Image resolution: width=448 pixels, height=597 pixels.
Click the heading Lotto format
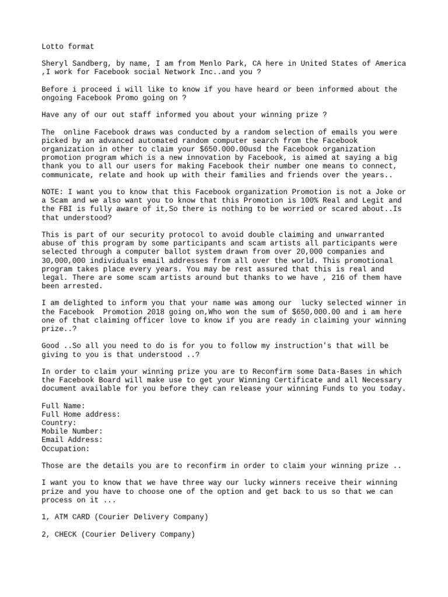click(68, 46)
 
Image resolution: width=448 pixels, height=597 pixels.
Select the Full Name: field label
click(64, 406)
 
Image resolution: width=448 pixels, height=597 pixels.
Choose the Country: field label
click(59, 423)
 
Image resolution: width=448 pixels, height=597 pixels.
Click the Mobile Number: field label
click(72, 431)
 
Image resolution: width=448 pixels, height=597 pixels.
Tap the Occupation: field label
click(65, 448)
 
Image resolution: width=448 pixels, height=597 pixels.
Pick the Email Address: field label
click(72, 440)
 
